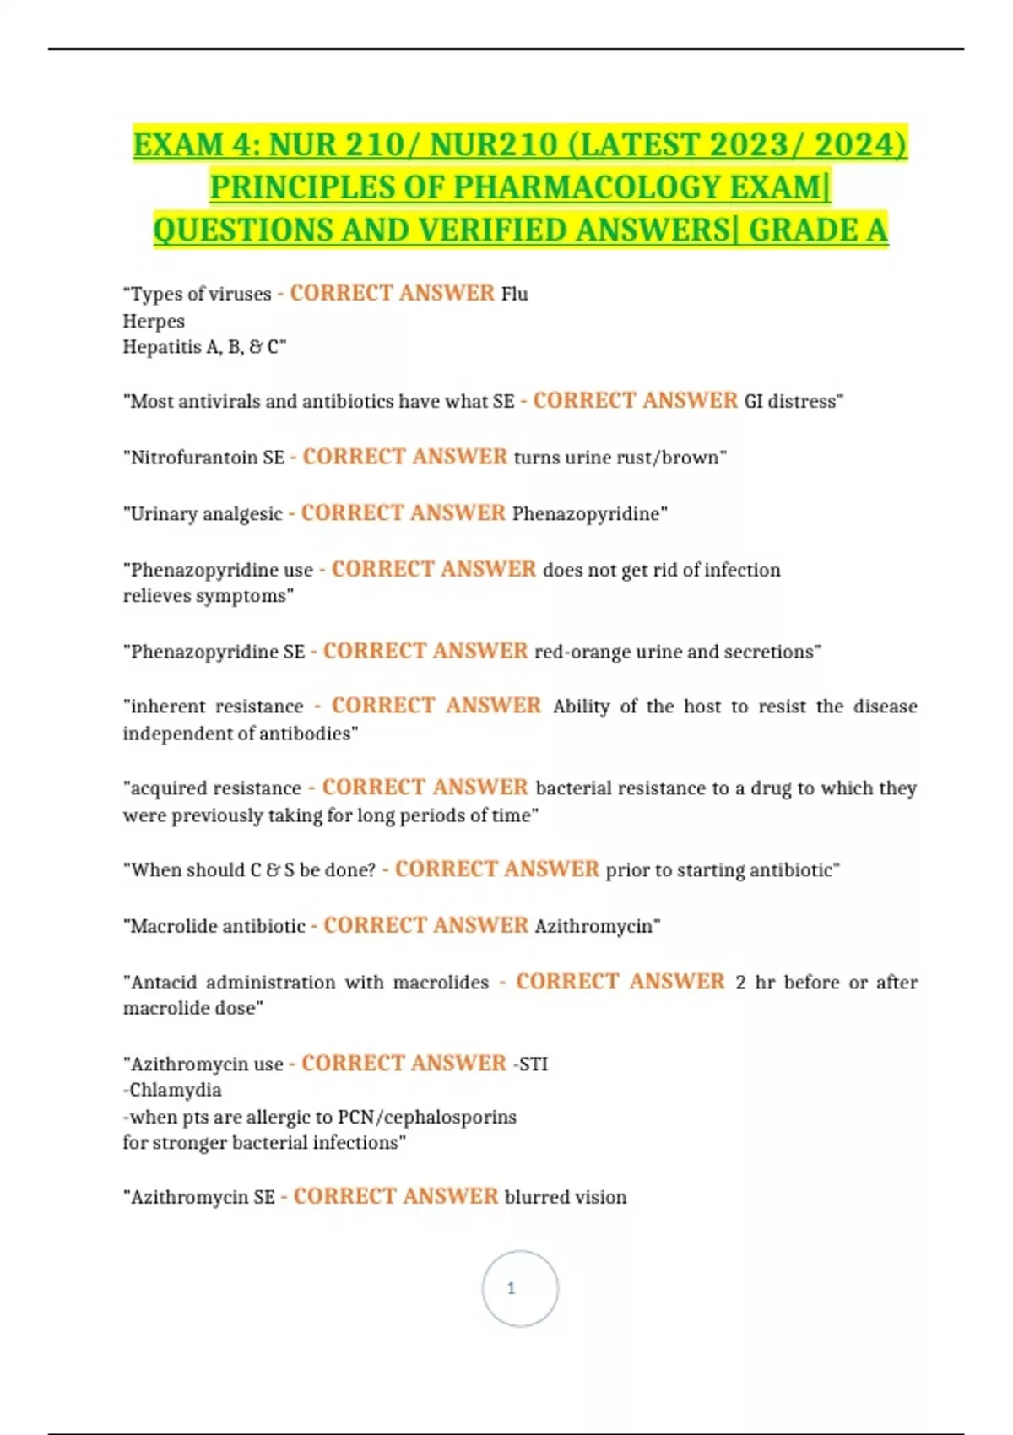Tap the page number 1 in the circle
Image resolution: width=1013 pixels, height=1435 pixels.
click(511, 1288)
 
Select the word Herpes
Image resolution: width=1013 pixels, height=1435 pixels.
click(154, 321)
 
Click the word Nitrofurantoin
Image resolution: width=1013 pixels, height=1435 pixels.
click(207, 458)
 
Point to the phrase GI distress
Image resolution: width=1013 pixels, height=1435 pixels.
click(790, 401)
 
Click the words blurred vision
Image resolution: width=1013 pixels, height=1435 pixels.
click(566, 1197)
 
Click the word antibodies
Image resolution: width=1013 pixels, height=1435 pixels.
click(305, 734)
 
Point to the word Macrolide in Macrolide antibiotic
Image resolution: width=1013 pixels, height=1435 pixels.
click(173, 926)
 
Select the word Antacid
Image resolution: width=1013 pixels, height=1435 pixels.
click(164, 983)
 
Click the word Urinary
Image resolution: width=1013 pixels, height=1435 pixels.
click(163, 514)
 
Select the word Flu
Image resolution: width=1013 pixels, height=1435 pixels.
click(515, 294)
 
